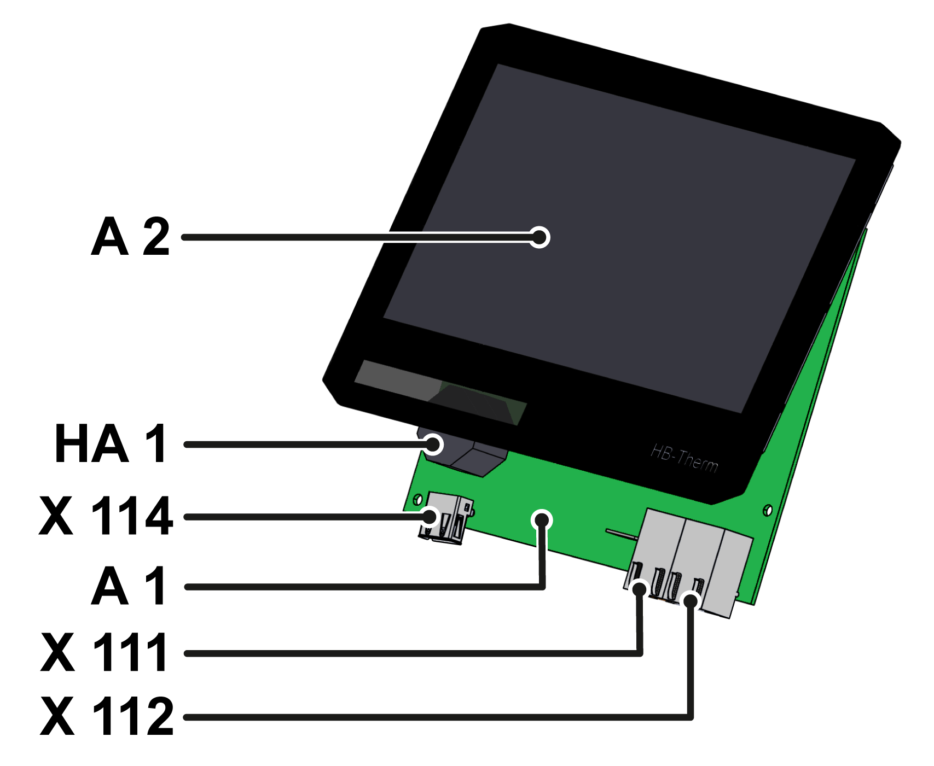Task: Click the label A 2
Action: tap(130, 237)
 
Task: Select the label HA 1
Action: tap(111, 444)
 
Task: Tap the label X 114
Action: tap(106, 516)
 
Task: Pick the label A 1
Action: tap(129, 586)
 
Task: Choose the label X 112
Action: tap(107, 716)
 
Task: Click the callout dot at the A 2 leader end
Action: tap(539, 237)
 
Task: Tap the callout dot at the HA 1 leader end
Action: tap(433, 444)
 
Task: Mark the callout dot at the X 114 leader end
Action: tap(430, 516)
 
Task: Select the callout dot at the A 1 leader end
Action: tap(542, 520)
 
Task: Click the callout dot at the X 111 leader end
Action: tap(639, 589)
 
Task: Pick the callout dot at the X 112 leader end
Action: tap(691, 601)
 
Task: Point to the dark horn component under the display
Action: tap(471, 457)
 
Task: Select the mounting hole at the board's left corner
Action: tap(417, 499)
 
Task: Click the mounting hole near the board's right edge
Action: tap(767, 510)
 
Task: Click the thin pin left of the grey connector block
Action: tap(621, 533)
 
